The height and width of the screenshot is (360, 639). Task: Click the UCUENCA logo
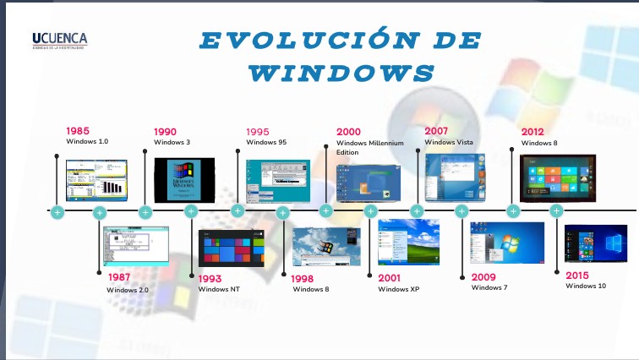[59, 39]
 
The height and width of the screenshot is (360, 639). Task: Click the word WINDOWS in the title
[343, 73]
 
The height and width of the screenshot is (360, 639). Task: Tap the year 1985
[79, 131]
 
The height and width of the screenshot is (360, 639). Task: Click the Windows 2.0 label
[128, 290]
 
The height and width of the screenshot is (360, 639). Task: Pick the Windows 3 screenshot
[184, 179]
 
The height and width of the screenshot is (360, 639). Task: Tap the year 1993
[211, 278]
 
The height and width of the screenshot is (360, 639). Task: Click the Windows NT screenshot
[231, 248]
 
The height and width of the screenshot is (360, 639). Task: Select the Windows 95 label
[266, 143]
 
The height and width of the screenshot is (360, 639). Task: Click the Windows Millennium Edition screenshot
[366, 183]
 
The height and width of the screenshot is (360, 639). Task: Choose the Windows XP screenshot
[409, 243]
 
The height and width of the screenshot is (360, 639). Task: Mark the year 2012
[532, 132]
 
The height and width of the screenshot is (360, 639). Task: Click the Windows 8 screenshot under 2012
[557, 178]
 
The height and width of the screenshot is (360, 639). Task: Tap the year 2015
[577, 275]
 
